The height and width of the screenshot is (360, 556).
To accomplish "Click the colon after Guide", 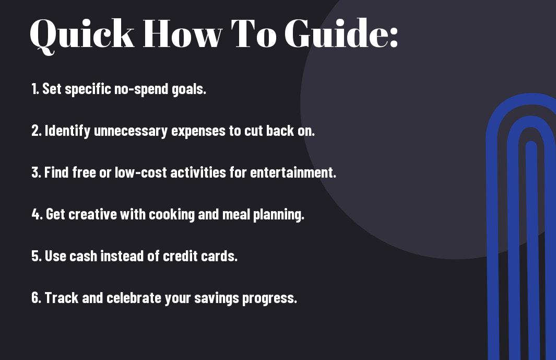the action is click(x=394, y=37).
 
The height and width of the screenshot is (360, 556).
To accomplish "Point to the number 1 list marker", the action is click(x=35, y=89).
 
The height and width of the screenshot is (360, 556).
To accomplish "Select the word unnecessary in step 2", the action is click(x=131, y=131).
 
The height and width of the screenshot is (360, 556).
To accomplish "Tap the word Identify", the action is click(x=67, y=131).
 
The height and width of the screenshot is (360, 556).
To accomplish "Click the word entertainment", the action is click(x=292, y=172).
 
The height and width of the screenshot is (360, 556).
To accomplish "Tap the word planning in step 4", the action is click(x=277, y=215).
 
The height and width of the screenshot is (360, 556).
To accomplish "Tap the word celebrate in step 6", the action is click(x=134, y=297).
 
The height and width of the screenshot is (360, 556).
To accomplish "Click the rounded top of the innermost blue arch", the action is click(x=531, y=144).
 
